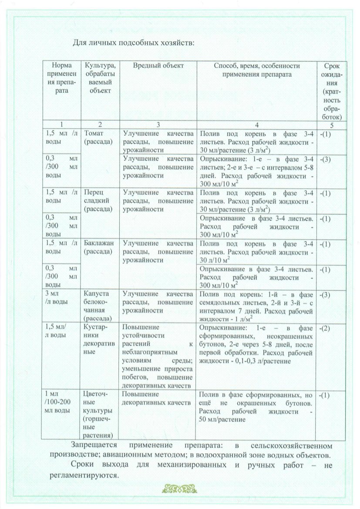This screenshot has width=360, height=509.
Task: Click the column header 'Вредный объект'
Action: (x=158, y=65)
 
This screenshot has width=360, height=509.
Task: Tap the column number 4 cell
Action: (x=257, y=124)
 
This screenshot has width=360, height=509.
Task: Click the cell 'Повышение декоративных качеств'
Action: (x=156, y=398)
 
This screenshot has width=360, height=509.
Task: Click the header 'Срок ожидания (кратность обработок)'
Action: (x=333, y=91)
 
